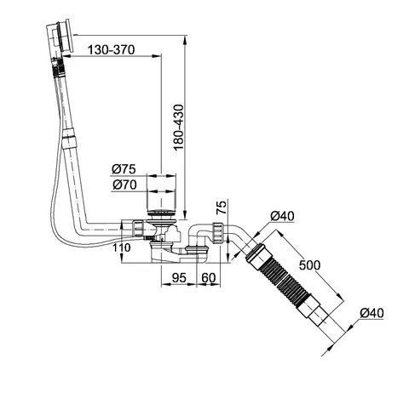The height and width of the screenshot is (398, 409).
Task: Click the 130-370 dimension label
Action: (x=111, y=50)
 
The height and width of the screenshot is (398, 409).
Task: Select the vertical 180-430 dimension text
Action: (x=179, y=128)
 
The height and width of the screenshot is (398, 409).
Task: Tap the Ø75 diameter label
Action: (x=124, y=169)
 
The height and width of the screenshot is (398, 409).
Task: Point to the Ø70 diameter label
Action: (x=124, y=185)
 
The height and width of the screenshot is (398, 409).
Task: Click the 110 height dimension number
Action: (x=121, y=247)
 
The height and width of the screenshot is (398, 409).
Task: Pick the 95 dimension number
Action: (x=179, y=278)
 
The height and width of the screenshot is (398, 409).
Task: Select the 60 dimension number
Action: (x=209, y=278)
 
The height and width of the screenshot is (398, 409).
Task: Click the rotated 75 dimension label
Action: (x=222, y=208)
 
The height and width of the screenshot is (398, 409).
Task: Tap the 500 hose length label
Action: (x=309, y=265)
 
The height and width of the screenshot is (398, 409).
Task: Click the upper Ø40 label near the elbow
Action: (x=282, y=216)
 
